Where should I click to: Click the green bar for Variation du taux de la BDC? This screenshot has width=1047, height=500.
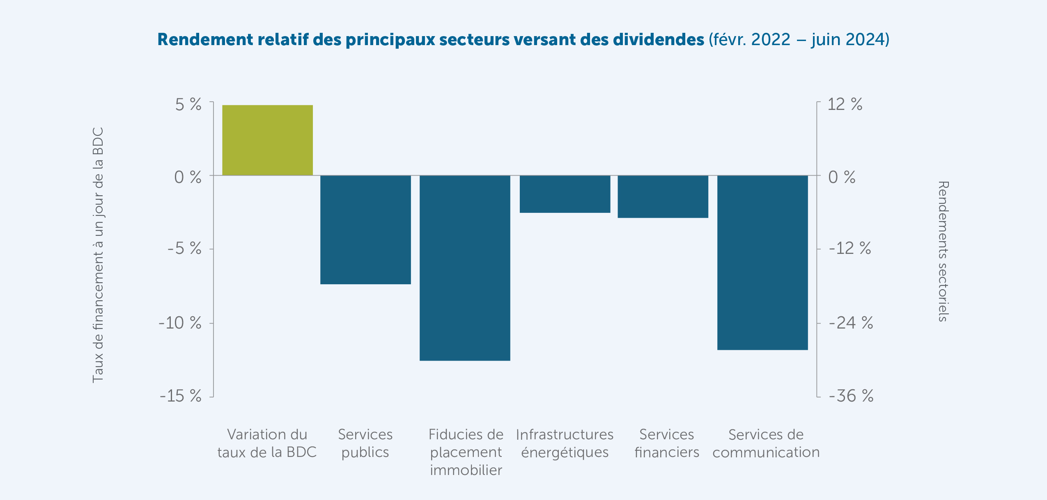(267, 140)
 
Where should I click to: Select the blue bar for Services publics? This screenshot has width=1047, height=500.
(365, 230)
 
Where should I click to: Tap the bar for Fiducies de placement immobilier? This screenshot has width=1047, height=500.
(465, 268)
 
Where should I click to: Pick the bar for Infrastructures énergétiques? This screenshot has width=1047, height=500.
(565, 194)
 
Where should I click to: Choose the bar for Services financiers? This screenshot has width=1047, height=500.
(663, 196)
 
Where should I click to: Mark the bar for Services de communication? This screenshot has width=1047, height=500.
(762, 263)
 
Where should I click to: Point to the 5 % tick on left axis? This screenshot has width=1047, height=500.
(188, 105)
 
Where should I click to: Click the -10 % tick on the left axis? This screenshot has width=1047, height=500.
(180, 323)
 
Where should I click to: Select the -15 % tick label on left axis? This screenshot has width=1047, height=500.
(181, 396)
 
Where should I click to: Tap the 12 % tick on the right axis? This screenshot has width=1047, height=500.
(845, 104)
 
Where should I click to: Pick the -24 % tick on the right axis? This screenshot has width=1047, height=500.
(850, 323)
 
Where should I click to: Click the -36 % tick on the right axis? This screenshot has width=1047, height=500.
(851, 396)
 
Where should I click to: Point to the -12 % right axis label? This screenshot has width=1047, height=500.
(850, 249)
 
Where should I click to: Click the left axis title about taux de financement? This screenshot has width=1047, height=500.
(98, 255)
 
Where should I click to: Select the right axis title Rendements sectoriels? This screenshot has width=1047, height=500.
(943, 251)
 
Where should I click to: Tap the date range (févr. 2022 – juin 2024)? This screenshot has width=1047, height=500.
(799, 39)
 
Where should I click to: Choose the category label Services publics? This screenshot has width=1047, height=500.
(365, 443)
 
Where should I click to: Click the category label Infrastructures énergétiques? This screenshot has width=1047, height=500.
(565, 443)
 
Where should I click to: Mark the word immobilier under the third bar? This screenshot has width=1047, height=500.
(466, 470)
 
